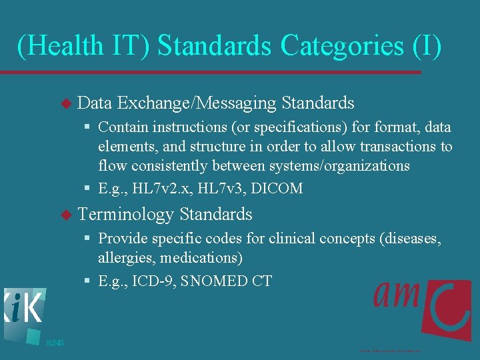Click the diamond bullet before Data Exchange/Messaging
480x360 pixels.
pos(65,104)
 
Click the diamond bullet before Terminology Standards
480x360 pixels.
pos(65,215)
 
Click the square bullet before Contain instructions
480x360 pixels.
pos(88,127)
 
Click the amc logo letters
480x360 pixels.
pos(399,293)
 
